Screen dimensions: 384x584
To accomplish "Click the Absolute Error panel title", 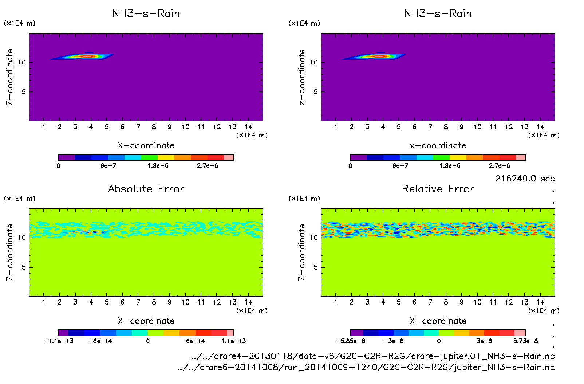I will click(146, 189).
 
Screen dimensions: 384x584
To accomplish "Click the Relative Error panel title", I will click(438, 189).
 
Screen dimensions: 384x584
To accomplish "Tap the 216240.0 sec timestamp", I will click(525, 179).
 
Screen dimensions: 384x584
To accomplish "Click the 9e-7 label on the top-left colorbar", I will click(108, 166).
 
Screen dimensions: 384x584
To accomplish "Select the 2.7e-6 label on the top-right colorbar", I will click(500, 166).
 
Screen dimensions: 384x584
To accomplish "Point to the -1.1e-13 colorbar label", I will click(59, 341).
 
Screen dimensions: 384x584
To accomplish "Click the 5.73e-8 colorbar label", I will click(525, 341).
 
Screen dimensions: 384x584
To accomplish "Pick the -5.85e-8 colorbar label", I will click(350, 341).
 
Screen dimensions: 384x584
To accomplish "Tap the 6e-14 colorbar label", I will click(196, 341).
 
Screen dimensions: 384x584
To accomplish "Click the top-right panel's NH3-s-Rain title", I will click(438, 14).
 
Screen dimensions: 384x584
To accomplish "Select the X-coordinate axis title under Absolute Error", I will click(146, 321).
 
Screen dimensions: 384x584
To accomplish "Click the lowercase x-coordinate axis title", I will click(438, 146).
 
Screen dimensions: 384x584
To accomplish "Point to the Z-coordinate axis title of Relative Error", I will click(301, 252).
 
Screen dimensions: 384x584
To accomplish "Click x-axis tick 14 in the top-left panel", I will click(248, 127).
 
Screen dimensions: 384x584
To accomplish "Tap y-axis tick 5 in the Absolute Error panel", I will click(24, 267).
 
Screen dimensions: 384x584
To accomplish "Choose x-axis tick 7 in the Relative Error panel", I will click(430, 302).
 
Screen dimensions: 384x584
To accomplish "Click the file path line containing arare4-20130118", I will click(373, 356).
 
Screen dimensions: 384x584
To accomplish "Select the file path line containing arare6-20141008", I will click(366, 367).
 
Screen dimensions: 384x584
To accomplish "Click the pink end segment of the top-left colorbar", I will click(229, 157).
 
